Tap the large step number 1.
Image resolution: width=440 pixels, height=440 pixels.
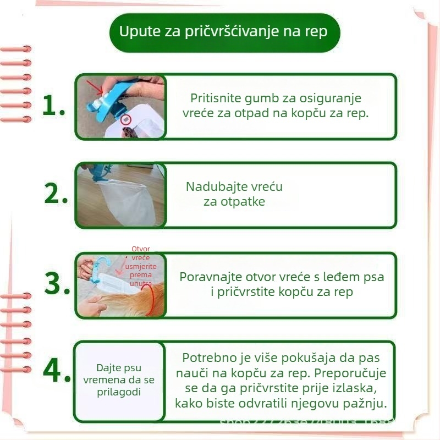[x=54, y=106]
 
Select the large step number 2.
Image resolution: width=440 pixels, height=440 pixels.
[x=56, y=194]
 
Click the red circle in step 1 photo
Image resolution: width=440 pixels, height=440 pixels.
[x=125, y=119]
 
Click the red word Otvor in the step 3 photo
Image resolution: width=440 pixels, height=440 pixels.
[x=141, y=249]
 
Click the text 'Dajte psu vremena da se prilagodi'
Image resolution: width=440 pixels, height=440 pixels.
[x=119, y=380]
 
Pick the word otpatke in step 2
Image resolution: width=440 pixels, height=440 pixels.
[x=242, y=202]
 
